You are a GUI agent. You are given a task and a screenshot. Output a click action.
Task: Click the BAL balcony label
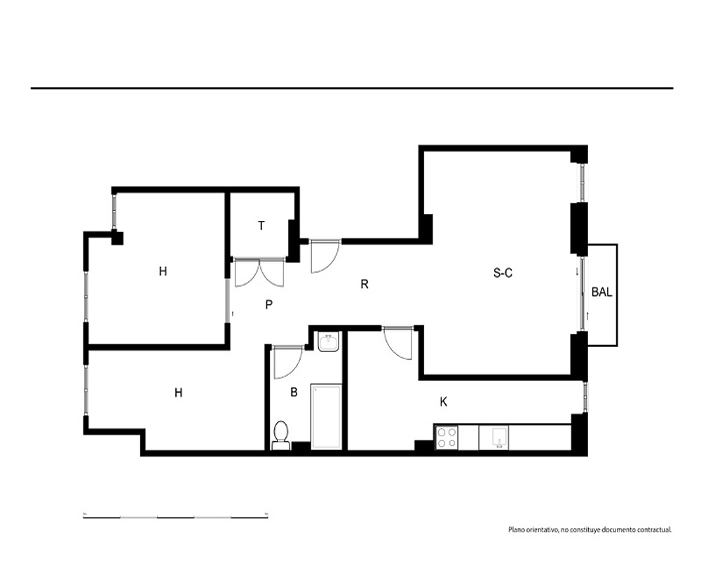[601, 292]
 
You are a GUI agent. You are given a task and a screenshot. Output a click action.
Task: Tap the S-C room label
[503, 273]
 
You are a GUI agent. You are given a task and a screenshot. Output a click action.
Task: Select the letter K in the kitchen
[444, 402]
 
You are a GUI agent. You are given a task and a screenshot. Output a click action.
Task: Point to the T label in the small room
[261, 226]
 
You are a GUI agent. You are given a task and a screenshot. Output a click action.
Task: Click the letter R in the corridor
[365, 284]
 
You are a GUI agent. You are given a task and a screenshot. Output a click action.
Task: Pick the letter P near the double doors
[268, 304]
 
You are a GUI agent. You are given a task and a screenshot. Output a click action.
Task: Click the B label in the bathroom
[294, 392]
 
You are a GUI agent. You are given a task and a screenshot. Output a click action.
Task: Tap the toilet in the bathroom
[281, 435]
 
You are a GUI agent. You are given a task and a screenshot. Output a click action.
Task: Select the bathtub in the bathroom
[327, 416]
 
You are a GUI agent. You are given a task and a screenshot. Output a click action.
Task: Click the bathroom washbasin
[329, 342]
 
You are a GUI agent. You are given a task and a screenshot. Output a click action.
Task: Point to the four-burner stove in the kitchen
[447, 438]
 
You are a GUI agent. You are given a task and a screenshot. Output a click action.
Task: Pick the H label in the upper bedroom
[163, 271]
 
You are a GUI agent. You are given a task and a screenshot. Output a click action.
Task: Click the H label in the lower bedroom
[178, 393]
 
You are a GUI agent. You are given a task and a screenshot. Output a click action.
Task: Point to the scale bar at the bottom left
[176, 517]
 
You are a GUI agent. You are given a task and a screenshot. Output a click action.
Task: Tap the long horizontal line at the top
[352, 88]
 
